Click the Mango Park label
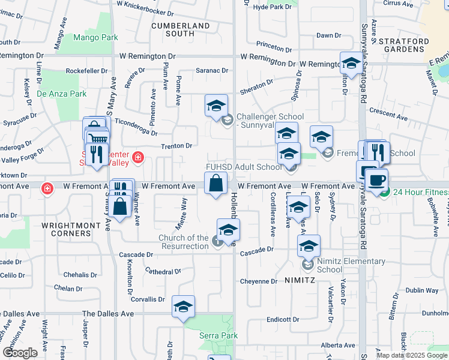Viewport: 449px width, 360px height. [x=95, y=37]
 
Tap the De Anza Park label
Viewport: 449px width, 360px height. [x=62, y=94]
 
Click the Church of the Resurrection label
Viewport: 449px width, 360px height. [x=184, y=242]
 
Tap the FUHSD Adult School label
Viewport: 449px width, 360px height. [x=243, y=167]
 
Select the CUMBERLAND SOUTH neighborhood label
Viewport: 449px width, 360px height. [x=181, y=29]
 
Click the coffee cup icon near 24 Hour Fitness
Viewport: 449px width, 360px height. [x=376, y=179]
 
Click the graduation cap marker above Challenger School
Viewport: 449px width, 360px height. [x=216, y=106]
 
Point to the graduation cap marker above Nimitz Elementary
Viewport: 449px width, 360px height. [x=309, y=246]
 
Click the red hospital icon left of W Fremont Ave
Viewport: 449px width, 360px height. [x=47, y=188]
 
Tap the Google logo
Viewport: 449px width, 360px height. [x=20, y=352]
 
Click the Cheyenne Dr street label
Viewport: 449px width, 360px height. [x=258, y=281]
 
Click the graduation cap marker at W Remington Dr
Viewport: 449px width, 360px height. [x=351, y=62]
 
